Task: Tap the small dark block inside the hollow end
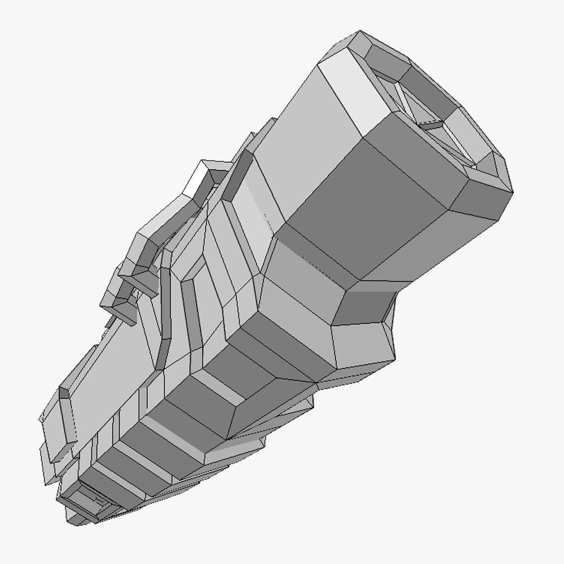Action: click(x=431, y=125)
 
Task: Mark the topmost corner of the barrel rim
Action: click(x=359, y=32)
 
